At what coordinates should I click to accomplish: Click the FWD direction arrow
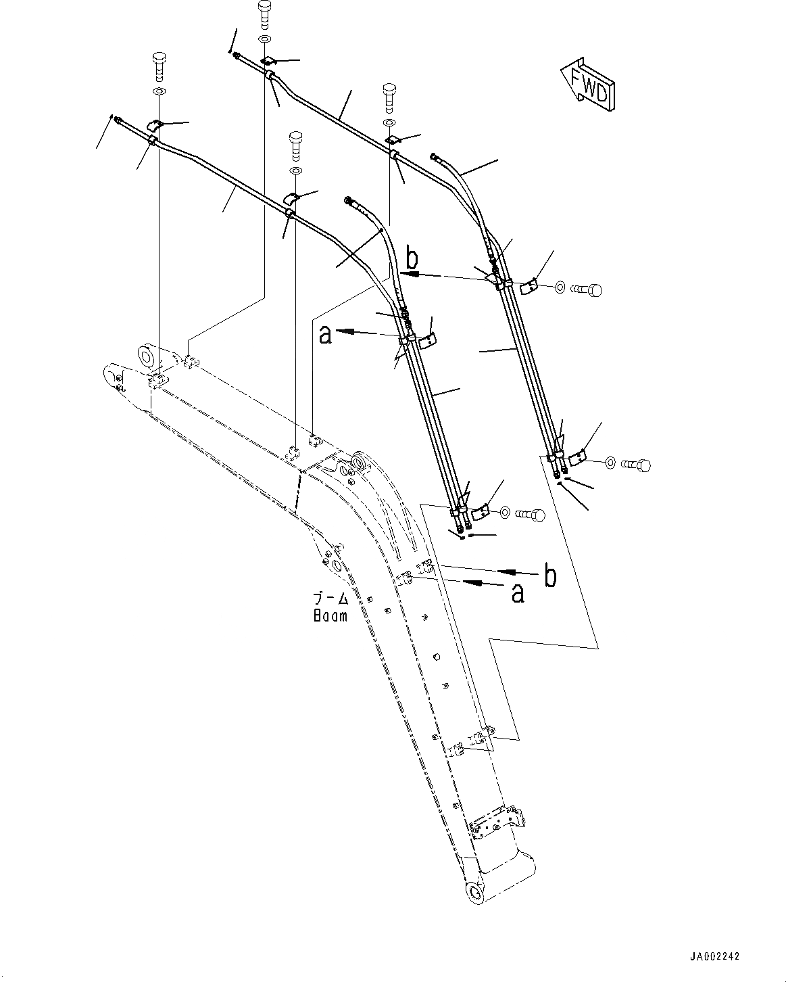click(x=587, y=84)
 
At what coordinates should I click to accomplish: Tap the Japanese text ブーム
click(x=330, y=599)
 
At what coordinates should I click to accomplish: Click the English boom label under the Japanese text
click(x=330, y=616)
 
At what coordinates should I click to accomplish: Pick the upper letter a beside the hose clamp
click(x=326, y=334)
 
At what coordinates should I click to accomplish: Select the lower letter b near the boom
click(x=550, y=576)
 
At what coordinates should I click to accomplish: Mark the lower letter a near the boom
click(x=518, y=593)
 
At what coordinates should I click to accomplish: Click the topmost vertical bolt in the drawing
click(x=264, y=13)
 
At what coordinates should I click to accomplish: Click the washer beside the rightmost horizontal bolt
click(x=610, y=463)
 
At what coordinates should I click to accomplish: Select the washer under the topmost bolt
click(x=264, y=38)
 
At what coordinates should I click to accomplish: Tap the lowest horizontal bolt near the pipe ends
click(x=530, y=515)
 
